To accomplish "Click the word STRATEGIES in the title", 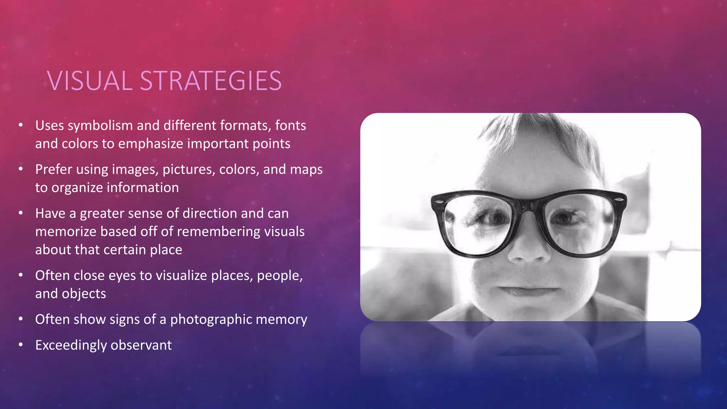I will (x=211, y=81).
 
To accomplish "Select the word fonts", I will (x=290, y=126).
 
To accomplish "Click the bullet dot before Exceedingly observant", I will (x=21, y=345).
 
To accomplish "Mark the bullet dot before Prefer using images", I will (x=21, y=169).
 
